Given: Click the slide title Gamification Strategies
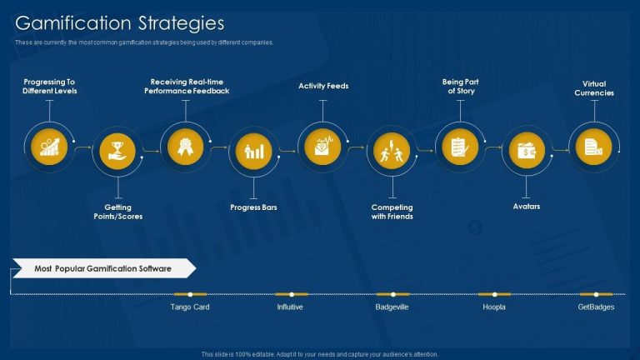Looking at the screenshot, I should point(120,22).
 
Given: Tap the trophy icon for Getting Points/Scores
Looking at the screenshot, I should point(117,151).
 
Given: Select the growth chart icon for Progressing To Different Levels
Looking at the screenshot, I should point(49,146).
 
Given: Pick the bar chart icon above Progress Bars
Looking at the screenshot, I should point(253,151).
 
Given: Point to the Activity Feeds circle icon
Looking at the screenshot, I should point(322,146).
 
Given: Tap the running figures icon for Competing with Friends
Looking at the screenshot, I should point(391,151).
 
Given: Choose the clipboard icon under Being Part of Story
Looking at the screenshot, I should point(459,146).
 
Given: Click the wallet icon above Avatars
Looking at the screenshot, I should point(527,151).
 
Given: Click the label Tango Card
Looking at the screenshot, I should point(190,307).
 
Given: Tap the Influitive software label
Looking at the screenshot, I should point(290,307).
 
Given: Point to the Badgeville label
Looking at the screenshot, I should point(392,307).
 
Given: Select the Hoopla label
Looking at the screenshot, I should point(493,307).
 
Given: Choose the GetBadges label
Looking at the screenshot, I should point(596,307).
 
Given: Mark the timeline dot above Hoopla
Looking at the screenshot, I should point(494,294).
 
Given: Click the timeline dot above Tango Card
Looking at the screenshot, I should point(190,294).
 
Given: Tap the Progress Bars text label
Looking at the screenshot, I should point(253,207).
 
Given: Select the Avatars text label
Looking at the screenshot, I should point(527,207).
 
